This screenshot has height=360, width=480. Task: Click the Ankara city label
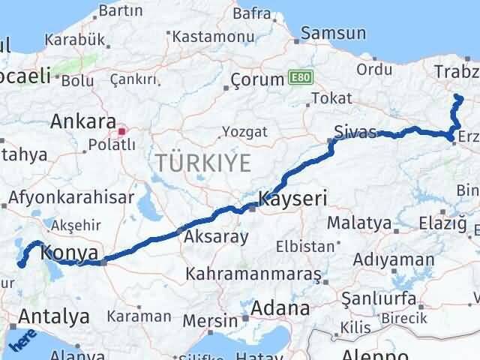click(82, 121)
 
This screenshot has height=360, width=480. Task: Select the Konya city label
click(70, 253)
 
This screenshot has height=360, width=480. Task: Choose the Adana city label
click(280, 308)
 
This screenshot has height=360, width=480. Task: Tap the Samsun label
click(334, 33)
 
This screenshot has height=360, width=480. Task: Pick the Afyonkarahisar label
click(72, 197)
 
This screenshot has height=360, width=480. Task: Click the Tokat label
click(331, 98)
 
